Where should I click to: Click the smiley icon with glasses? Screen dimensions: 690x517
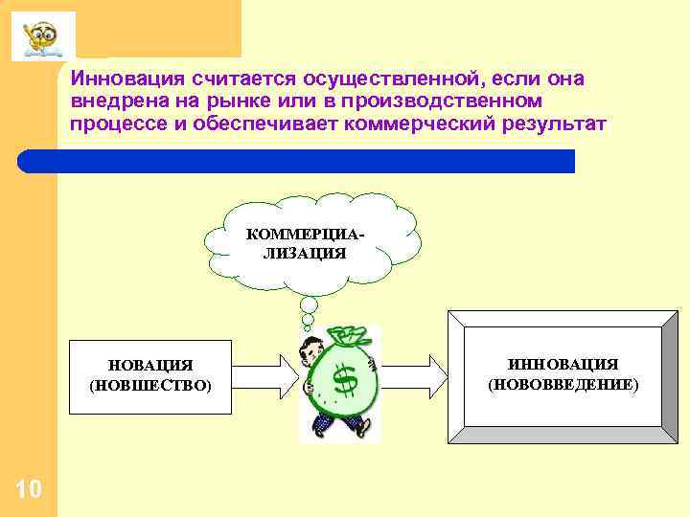[42, 36]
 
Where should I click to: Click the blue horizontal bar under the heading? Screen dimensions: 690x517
[316, 161]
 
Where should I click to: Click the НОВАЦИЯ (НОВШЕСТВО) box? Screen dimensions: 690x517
[150, 376]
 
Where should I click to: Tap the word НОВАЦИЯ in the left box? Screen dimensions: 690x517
[150, 366]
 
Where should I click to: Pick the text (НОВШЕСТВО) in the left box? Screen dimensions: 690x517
[150, 386]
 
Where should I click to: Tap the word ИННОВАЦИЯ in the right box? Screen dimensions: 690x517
[563, 364]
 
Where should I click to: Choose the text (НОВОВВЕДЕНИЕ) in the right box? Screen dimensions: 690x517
[563, 384]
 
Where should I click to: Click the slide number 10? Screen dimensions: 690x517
[29, 490]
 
